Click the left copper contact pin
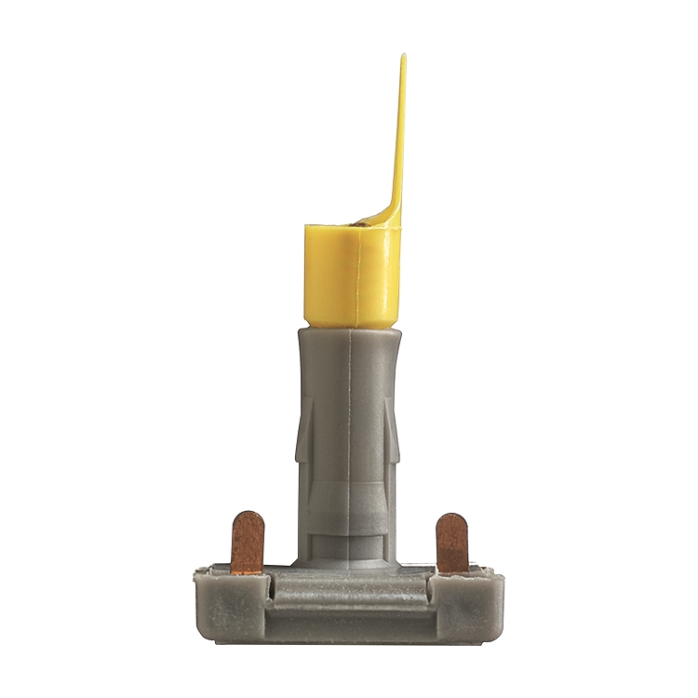point(248,544)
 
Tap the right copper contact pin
point(451,544)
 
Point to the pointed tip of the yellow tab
point(404,58)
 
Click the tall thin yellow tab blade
point(399,140)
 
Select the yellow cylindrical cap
point(350,275)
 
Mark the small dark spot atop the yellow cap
point(358,223)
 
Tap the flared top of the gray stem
point(350,344)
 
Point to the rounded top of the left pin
point(248,516)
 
